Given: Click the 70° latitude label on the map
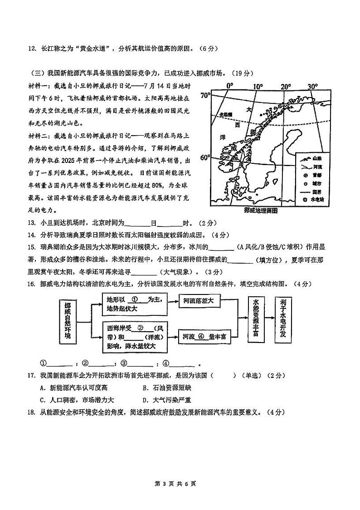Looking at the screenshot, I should (x=204, y=95).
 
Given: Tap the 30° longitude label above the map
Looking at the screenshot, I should (x=312, y=87).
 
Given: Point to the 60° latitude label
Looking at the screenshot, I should (x=204, y=157).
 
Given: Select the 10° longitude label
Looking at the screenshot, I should (x=258, y=87).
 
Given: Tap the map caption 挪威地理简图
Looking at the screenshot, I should (x=260, y=211).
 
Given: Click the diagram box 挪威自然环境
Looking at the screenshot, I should (x=68, y=323).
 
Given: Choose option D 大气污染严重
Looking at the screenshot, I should (x=166, y=400).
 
